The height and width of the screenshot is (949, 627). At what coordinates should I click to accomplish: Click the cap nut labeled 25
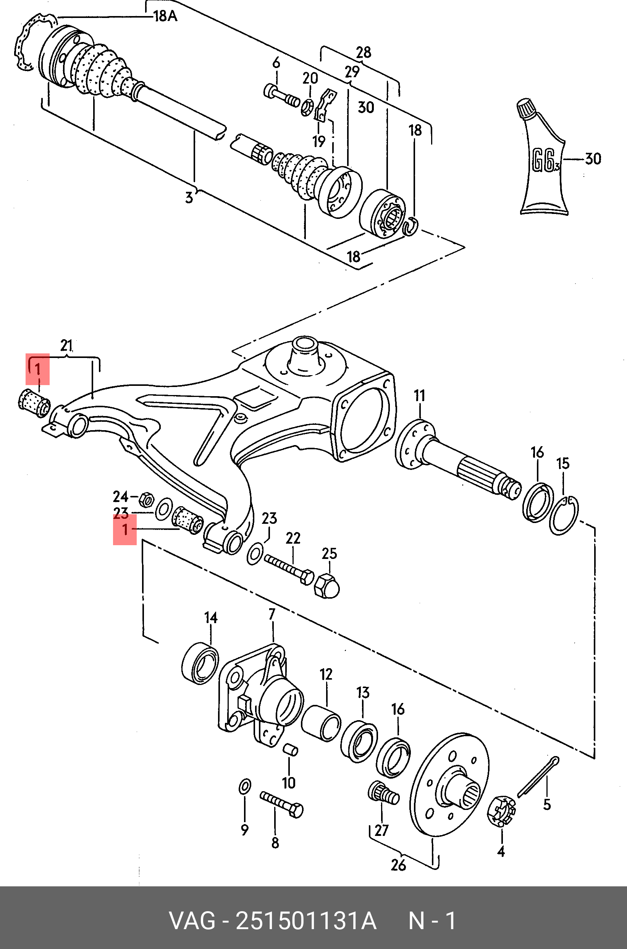pos(327,586)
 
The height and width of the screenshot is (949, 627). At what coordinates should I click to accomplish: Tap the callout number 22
pos(293,538)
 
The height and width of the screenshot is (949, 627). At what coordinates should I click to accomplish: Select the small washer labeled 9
pos(245,786)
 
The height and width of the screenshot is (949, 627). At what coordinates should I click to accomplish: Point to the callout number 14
pos(211,618)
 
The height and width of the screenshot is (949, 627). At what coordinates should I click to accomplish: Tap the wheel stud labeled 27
pos(383,793)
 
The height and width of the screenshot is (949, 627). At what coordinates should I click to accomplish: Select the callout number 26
pos(398,865)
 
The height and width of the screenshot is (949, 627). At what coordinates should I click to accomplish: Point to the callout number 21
pos(66,345)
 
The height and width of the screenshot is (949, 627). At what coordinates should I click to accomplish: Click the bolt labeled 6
pos(281,96)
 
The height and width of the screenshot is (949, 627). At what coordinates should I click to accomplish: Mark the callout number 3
pos(189,198)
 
